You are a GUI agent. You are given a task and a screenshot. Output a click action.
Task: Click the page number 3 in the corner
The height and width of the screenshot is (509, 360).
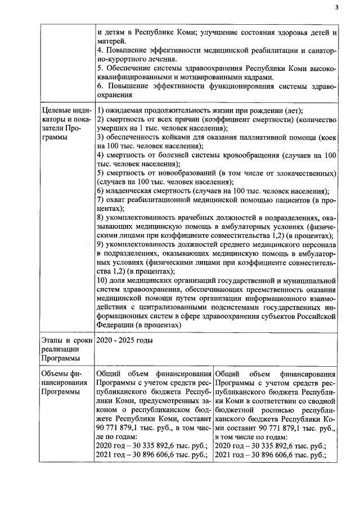coord(336,7)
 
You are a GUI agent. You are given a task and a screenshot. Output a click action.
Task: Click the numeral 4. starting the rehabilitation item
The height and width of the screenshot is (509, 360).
coord(100,51)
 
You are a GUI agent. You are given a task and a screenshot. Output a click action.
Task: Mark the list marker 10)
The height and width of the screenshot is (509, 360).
coord(102,281)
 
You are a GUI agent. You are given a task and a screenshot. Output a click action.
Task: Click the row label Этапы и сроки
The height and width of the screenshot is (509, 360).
coord(62,340)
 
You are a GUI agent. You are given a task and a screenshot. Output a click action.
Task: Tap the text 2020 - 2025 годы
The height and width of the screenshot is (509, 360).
coord(124,340)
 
